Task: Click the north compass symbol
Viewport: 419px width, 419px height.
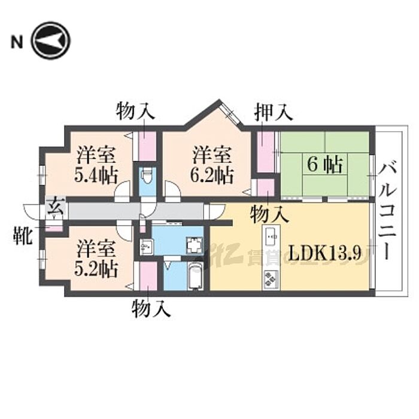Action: tap(50, 41)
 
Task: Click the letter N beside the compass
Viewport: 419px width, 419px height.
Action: tap(17, 42)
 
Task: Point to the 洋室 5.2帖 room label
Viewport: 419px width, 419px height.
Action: tap(96, 259)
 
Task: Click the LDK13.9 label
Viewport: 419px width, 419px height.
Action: tap(326, 253)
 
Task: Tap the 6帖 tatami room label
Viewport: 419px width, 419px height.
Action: tap(325, 165)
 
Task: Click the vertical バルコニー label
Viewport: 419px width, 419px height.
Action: tap(387, 212)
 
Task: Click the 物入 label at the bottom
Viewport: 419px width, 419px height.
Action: tap(151, 309)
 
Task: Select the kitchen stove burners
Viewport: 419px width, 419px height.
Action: tap(271, 280)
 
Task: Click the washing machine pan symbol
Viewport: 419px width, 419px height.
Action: tap(194, 245)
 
